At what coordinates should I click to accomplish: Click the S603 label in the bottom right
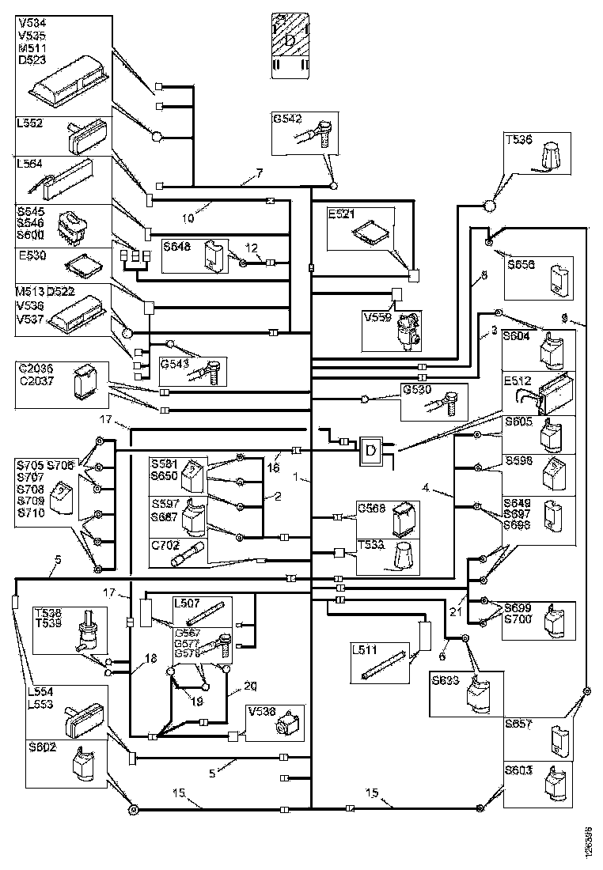point(518,769)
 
